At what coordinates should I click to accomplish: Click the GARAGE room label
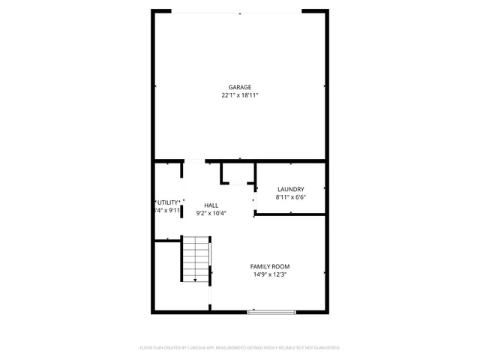click(240, 87)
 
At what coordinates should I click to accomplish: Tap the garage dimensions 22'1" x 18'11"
click(240, 95)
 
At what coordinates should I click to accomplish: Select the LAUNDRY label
click(290, 189)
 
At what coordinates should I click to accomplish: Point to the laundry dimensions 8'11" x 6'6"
click(290, 197)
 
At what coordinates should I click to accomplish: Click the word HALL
click(211, 205)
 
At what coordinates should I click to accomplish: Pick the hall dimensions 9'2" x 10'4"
click(211, 213)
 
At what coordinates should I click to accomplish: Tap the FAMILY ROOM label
click(270, 266)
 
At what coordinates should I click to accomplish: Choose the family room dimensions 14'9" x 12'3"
click(270, 274)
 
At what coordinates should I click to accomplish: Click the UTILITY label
click(167, 202)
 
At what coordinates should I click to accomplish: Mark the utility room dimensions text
click(166, 211)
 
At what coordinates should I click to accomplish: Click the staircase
click(195, 259)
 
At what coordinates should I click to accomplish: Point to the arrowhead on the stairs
click(195, 280)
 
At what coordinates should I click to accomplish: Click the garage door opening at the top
click(239, 11)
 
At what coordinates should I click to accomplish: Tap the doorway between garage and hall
click(194, 160)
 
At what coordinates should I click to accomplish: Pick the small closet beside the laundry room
click(238, 173)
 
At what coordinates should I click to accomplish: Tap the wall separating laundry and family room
click(291, 215)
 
